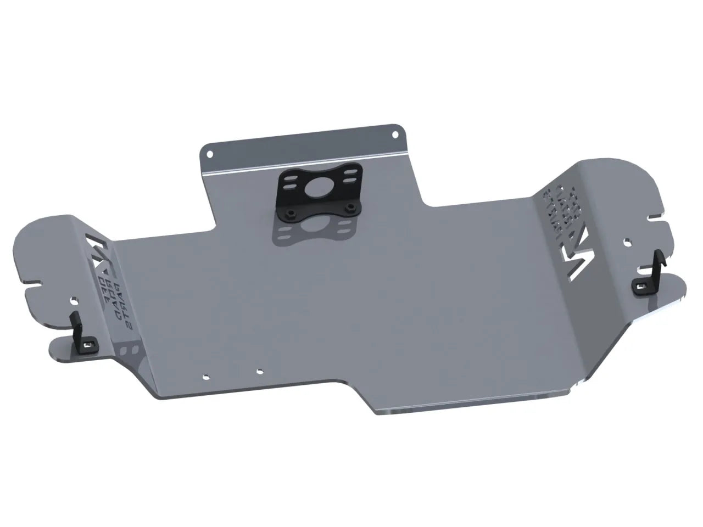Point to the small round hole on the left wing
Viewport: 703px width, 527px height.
(75, 300)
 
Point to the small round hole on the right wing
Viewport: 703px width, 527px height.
(627, 241)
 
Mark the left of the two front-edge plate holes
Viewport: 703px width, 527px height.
(205, 377)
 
